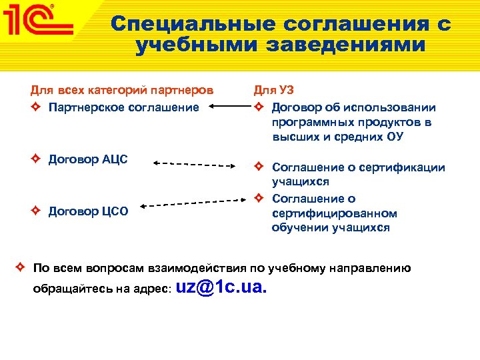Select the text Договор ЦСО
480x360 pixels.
coord(89,211)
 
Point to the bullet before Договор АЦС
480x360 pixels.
coord(37,159)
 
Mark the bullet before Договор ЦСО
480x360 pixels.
coord(37,211)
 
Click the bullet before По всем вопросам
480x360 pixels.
coord(21,268)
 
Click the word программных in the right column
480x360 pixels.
coord(313,122)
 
